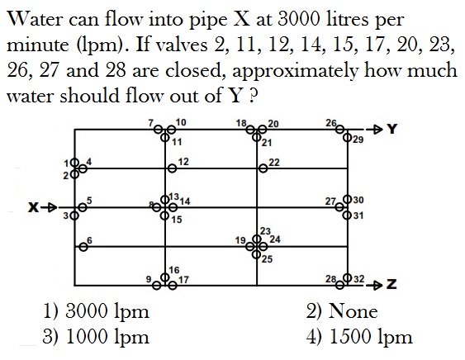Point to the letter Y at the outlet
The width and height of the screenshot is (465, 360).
(392, 129)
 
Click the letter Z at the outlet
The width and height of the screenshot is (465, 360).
(391, 285)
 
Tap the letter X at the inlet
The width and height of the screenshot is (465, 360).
(34, 207)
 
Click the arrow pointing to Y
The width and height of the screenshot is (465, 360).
(373, 130)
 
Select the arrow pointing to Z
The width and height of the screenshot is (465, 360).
(373, 285)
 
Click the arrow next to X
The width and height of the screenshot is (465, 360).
(49, 207)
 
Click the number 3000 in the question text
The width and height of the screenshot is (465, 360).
(299, 19)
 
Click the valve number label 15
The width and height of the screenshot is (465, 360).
(177, 220)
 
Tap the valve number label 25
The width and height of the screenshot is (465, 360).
(267, 259)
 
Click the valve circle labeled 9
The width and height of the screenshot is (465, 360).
(157, 286)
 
